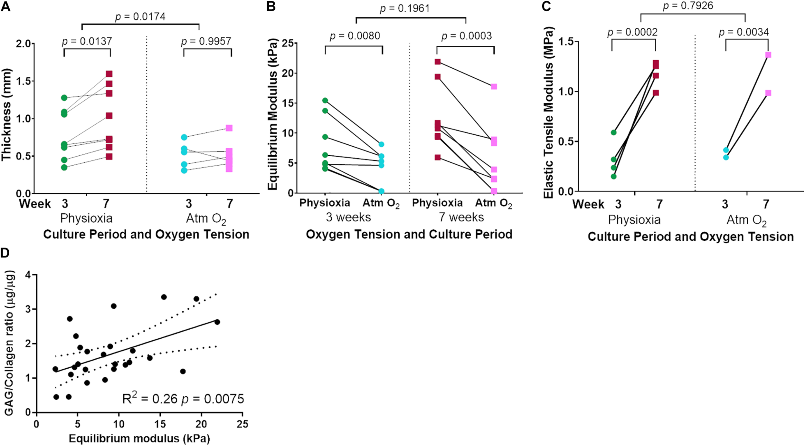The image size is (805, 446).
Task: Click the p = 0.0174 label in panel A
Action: tap(140, 16)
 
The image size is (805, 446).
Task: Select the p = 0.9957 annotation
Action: tap(206, 41)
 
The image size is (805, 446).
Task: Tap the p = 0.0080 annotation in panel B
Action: tap(355, 35)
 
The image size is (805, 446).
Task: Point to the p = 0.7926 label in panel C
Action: tap(688, 6)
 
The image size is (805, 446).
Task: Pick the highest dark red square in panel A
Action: tap(109, 74)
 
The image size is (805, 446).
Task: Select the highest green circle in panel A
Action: tap(64, 98)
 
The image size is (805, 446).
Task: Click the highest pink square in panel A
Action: tap(229, 128)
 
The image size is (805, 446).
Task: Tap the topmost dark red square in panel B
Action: tap(438, 62)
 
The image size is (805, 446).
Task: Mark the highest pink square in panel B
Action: tap(494, 87)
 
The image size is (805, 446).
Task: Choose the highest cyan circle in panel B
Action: tap(381, 144)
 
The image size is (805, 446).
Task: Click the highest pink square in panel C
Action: tap(768, 55)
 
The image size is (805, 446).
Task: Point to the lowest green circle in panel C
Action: tap(613, 176)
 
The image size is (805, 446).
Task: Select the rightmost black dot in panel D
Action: tap(217, 322)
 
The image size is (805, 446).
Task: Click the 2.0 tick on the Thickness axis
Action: tap(25, 44)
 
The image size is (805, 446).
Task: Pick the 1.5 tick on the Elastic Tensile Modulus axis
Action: tap(566, 42)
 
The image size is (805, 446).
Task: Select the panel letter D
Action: tap(5, 253)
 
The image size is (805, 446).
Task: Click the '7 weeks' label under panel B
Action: tap(461, 218)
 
